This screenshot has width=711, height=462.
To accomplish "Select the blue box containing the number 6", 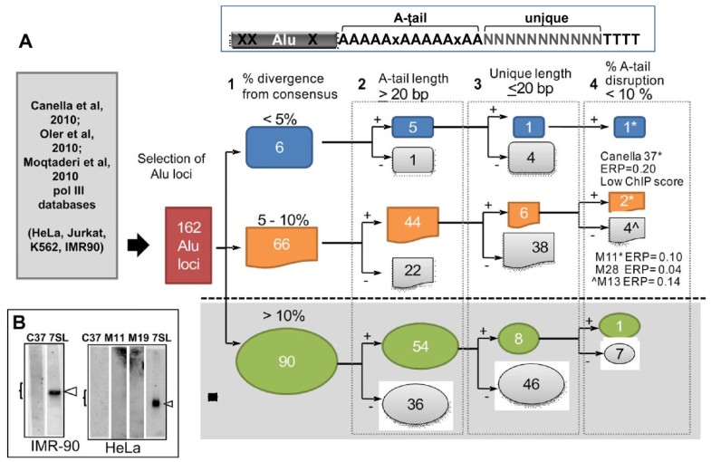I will (280, 147).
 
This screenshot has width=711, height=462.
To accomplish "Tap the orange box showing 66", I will (280, 245).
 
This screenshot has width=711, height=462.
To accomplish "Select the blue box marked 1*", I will (617, 129).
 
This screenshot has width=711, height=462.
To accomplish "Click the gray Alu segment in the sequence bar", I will (283, 40).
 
